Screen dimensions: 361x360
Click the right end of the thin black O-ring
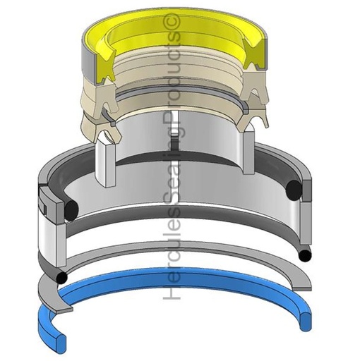tap(304, 253)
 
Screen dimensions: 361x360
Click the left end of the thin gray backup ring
tap(49, 288)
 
